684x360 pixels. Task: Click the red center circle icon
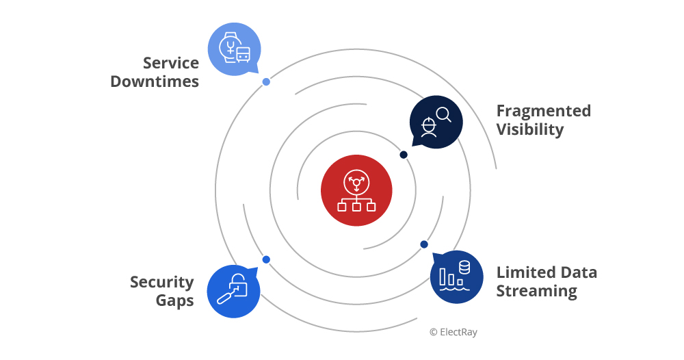click(356, 190)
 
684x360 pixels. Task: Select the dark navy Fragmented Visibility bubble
click(436, 122)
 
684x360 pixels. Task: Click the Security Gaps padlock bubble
click(233, 291)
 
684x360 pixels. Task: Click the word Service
click(171, 63)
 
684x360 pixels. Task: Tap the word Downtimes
click(155, 81)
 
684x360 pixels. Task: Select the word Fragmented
click(543, 111)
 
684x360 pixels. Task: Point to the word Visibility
click(530, 129)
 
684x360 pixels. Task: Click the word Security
click(162, 282)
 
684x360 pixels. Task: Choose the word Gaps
click(174, 300)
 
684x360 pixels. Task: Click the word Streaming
click(536, 291)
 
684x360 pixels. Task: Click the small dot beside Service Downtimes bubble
click(266, 82)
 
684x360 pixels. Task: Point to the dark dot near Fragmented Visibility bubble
click(404, 155)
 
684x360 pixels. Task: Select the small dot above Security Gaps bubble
click(266, 259)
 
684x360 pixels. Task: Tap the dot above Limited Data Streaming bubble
click(424, 244)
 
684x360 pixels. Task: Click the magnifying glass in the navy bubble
click(443, 114)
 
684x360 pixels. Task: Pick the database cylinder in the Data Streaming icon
click(464, 267)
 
